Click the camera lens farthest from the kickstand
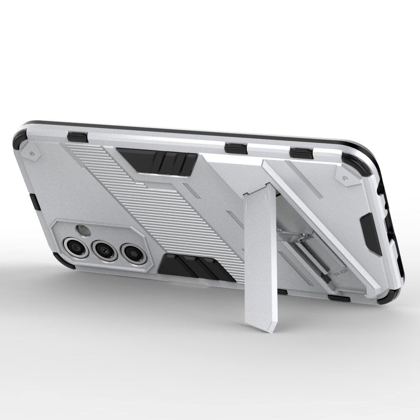76,247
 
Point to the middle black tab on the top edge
236,148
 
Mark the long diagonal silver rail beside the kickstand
319,223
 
